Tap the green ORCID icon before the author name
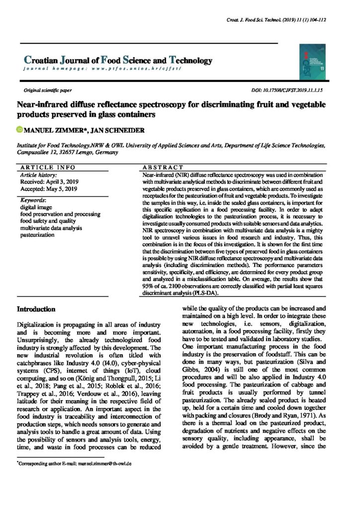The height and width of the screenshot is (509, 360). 20,130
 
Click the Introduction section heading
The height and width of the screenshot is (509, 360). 36,309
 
